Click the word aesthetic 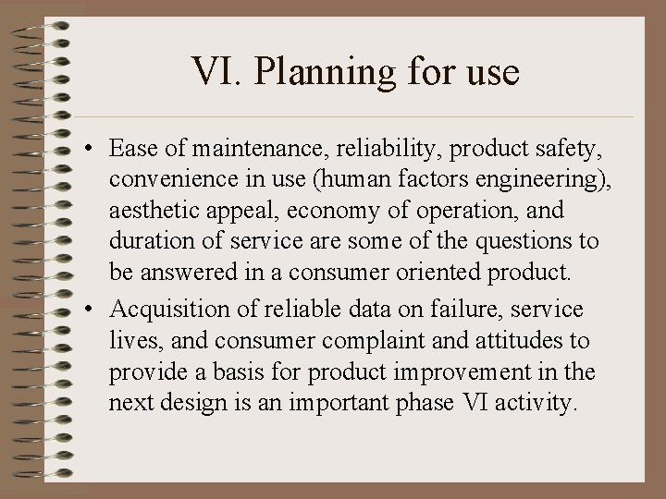[x=151, y=211]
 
